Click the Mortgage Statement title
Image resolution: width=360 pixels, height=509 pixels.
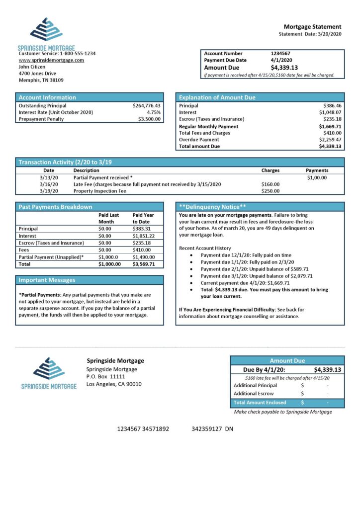tap(312, 26)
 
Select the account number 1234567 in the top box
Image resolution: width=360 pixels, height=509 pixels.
tap(280, 53)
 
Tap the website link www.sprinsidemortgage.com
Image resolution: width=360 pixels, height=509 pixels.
tap(51, 60)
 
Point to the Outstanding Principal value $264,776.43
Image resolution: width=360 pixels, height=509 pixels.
tap(147, 106)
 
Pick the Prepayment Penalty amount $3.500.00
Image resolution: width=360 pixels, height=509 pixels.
tap(149, 119)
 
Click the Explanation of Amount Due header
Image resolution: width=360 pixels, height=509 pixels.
tap(217, 97)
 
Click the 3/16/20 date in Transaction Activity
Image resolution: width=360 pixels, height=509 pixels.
tap(49, 184)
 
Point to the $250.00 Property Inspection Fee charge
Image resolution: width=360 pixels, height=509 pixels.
tap(270, 191)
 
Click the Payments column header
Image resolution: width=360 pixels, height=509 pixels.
tap(317, 170)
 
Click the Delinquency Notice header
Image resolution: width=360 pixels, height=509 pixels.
tap(213, 207)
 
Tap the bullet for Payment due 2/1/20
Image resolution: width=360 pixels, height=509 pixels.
tap(192, 268)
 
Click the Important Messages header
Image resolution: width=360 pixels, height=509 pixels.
tap(47, 280)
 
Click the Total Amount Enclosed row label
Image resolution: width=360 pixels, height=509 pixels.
tap(260, 402)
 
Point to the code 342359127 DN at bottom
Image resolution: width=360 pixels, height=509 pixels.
tap(212, 428)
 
